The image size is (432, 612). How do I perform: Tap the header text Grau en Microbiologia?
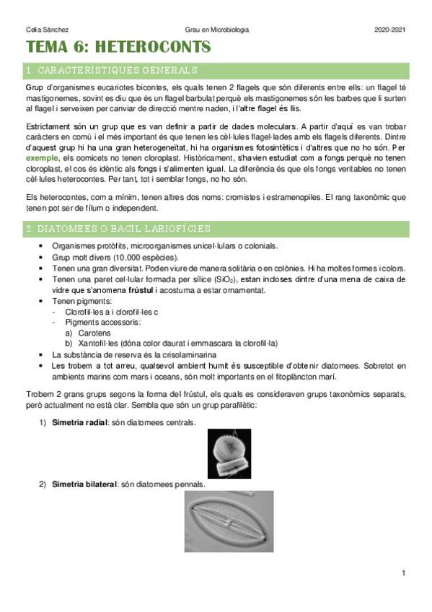pyautogui.click(x=216, y=30)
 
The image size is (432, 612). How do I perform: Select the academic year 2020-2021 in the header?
pyautogui.click(x=390, y=30)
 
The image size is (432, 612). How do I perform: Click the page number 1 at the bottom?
pyautogui.click(x=403, y=572)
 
